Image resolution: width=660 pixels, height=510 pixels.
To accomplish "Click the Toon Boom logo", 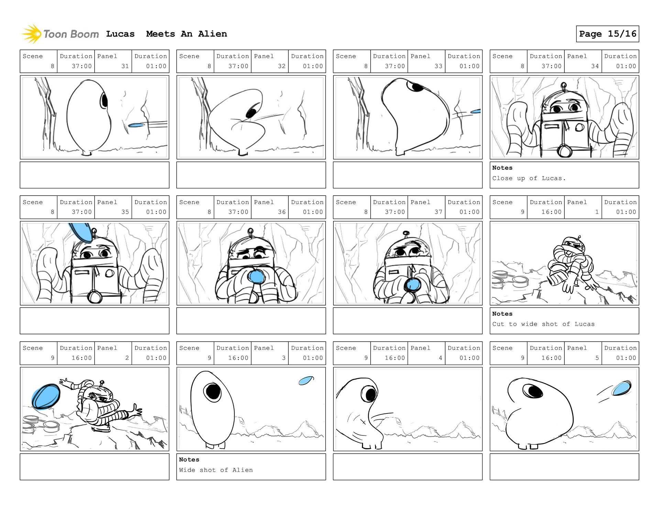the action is click(60, 34).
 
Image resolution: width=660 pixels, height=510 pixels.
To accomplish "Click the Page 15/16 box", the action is click(607, 34).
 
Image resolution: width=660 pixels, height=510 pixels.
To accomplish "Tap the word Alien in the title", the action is click(212, 34).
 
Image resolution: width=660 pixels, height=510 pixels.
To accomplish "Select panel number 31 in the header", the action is click(125, 66).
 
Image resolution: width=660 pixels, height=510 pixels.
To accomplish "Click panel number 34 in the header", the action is click(595, 66).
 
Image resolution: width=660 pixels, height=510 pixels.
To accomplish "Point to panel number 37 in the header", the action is click(438, 212).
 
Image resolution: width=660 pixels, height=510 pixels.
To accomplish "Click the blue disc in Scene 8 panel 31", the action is click(136, 125).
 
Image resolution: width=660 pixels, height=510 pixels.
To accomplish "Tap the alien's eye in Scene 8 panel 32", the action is click(252, 112).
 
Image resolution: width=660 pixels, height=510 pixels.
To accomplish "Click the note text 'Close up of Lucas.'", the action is click(529, 178).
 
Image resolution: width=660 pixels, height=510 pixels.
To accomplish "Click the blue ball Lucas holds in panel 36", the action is click(256, 276).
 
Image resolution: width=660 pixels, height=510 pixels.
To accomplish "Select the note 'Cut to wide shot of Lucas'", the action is click(543, 324).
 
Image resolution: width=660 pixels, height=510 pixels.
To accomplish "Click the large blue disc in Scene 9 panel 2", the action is click(46, 397).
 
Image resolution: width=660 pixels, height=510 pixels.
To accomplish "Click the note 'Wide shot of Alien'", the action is click(216, 470).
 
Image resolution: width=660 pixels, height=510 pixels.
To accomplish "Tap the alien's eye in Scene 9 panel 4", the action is click(371, 395).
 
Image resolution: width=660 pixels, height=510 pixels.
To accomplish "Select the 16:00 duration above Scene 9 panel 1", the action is click(551, 212).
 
